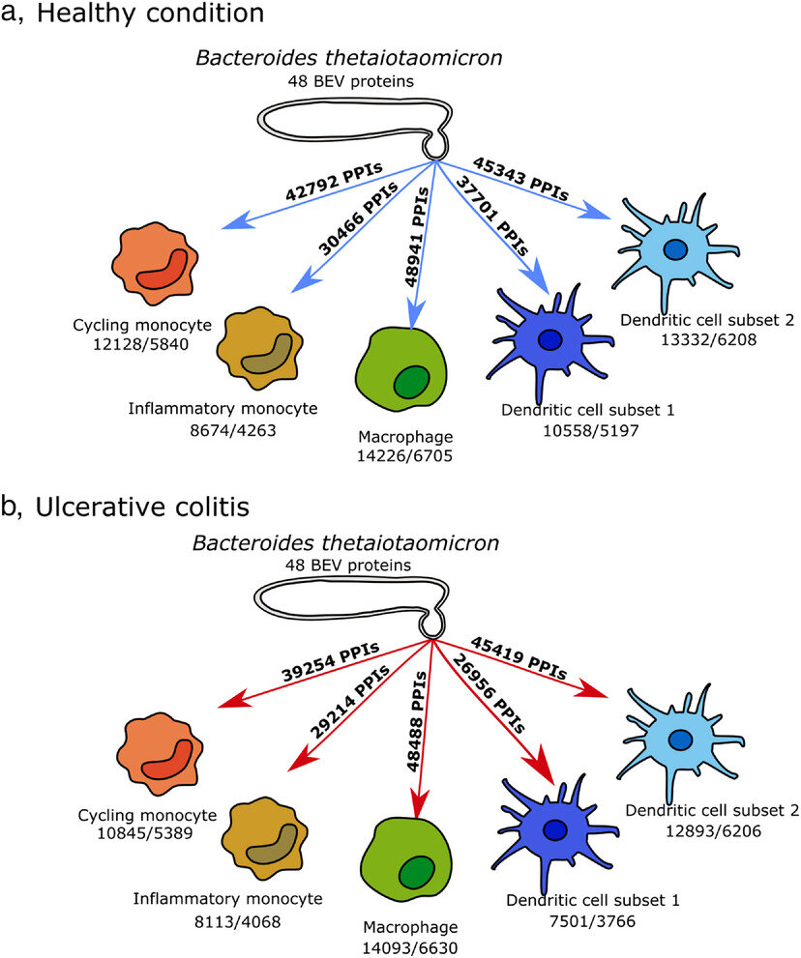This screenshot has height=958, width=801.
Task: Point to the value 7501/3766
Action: (592, 918)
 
